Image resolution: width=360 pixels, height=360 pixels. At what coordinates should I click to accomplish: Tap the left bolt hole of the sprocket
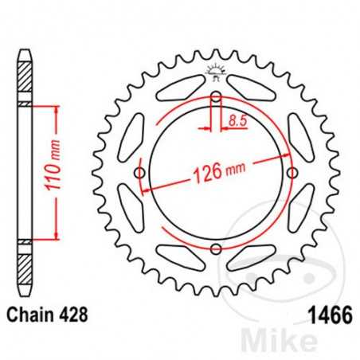(x=141, y=174)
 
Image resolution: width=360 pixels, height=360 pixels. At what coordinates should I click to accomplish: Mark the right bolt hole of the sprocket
(x=292, y=174)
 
